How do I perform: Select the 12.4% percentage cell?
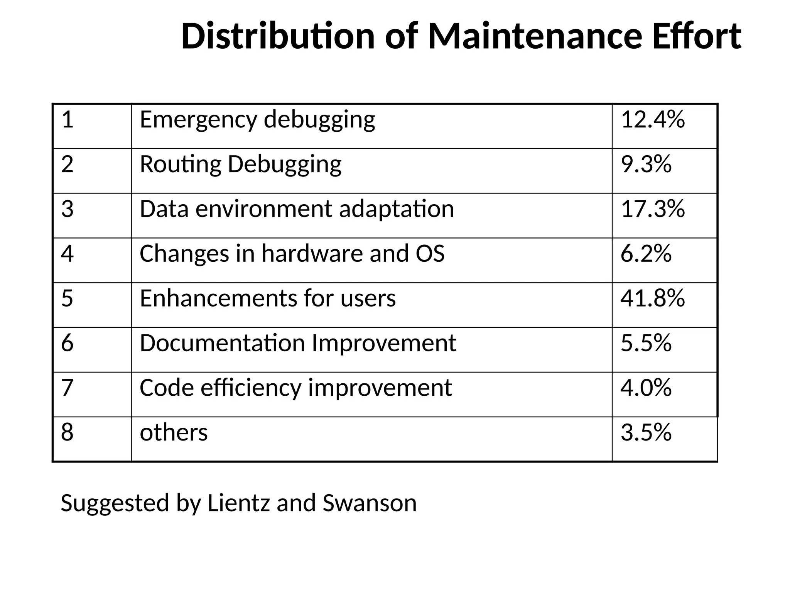coord(653,120)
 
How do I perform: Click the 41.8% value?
coord(653,298)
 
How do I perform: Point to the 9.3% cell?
coord(646,164)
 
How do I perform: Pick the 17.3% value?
coord(653,209)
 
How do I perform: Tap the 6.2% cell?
coord(646,254)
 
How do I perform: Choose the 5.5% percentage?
coord(646,343)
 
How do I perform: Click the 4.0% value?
coord(646,388)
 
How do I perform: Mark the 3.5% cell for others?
coord(646,433)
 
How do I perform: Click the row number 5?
coord(67,298)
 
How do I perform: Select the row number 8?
coord(67,433)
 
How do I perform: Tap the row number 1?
coord(67,120)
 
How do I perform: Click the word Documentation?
coord(223,343)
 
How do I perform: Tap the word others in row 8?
coord(174,433)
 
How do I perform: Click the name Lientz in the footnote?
coord(238,503)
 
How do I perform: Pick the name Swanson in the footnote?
coord(370,503)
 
